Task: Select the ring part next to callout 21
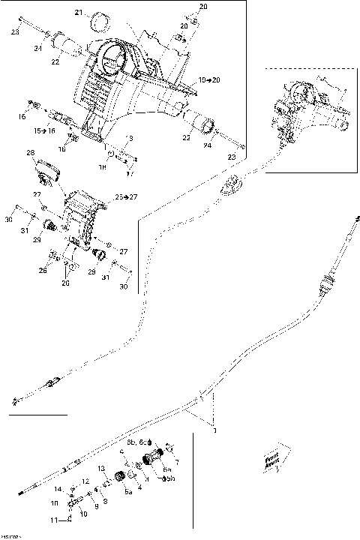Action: tap(98, 16)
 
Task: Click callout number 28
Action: tap(31, 153)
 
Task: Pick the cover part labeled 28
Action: tap(47, 170)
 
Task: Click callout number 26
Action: tap(43, 271)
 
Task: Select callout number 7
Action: tap(176, 462)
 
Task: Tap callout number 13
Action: tap(101, 469)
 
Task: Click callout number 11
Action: tap(53, 519)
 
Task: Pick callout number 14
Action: tap(58, 489)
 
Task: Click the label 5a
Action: tap(128, 492)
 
